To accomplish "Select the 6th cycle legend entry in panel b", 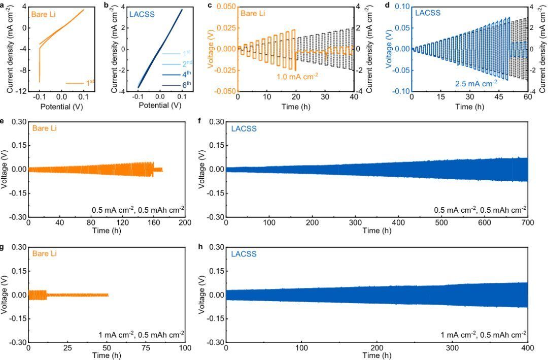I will tap(175, 84).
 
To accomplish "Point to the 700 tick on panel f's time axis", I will tap(528, 223).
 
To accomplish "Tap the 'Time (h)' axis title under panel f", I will tap(376, 231).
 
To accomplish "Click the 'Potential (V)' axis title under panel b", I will tap(160, 106).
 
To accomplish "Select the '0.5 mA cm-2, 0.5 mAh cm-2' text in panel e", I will tap(138, 208).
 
